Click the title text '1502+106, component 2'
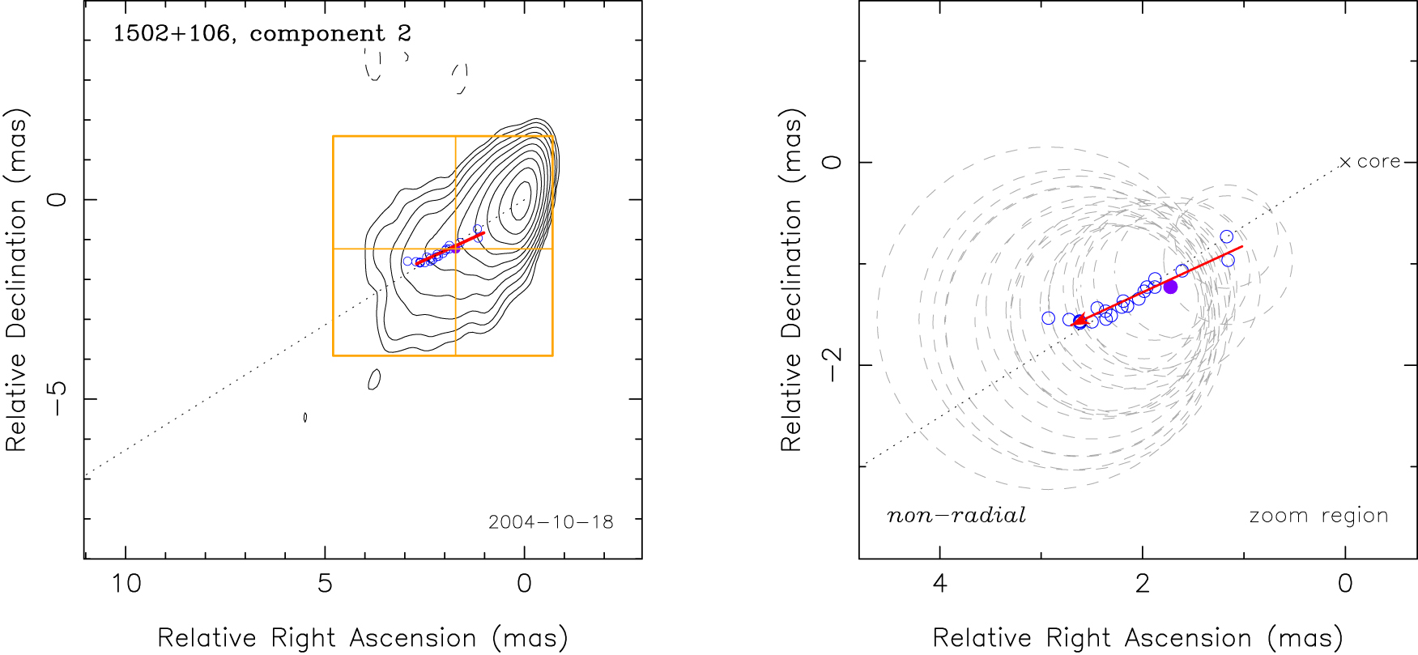(262, 34)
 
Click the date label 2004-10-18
(551, 522)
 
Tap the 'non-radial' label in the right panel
(956, 516)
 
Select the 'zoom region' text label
(1318, 516)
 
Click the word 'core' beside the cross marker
(1378, 162)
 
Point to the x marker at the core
(1345, 163)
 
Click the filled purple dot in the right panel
(1170, 287)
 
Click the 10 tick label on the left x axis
(126, 584)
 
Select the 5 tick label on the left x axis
(325, 584)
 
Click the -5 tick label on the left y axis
(57, 399)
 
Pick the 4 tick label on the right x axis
(939, 584)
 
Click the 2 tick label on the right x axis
(1143, 584)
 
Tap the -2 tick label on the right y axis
(832, 366)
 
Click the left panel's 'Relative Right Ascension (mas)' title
(363, 638)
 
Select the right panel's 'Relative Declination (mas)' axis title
(791, 279)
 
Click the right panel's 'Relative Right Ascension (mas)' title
(1138, 638)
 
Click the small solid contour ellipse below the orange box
(374, 379)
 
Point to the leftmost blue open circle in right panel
(1049, 318)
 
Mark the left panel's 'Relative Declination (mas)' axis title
(16, 279)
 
